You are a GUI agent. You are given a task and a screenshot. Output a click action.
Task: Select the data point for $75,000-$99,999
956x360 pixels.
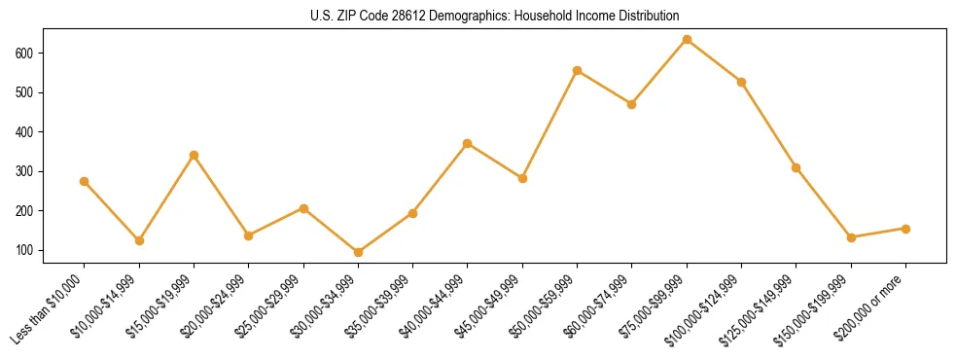(x=687, y=40)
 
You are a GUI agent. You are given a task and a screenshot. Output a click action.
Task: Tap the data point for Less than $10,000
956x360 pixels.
(x=85, y=181)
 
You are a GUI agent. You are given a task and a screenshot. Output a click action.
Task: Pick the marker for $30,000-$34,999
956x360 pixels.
(x=358, y=252)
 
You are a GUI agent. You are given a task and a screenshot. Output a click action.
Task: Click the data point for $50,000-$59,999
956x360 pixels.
(x=577, y=70)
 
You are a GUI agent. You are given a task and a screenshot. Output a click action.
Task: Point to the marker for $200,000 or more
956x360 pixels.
(x=905, y=229)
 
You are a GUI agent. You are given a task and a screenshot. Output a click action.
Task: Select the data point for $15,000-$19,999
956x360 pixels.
(x=194, y=155)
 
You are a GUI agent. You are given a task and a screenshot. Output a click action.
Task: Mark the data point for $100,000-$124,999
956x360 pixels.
(x=741, y=82)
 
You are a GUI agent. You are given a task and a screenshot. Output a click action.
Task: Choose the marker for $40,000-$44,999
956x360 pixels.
(x=468, y=143)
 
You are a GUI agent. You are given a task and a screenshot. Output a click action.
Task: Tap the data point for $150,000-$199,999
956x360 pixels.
(x=851, y=237)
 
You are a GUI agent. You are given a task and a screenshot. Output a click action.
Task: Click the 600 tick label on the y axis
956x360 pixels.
(x=28, y=53)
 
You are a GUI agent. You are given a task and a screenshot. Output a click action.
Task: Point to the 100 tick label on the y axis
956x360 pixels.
(x=28, y=250)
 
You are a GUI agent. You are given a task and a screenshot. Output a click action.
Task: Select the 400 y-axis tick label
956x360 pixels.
(x=28, y=131)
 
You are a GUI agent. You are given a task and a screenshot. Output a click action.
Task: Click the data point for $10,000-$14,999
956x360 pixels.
(x=139, y=240)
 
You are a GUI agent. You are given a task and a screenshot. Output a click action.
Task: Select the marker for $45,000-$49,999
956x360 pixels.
(x=522, y=178)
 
